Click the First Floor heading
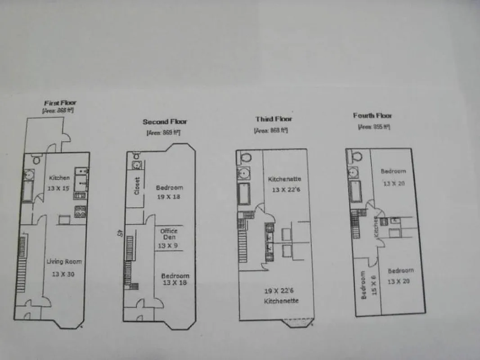coord(60,103)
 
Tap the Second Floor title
coord(165,121)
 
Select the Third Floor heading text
coord(274,119)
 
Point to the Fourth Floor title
coord(372,116)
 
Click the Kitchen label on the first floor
coord(59,178)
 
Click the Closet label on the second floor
coord(138,185)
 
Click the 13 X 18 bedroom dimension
coord(175,283)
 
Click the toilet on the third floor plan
coord(246,157)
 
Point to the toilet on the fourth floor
coord(356,156)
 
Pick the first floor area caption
coord(58,110)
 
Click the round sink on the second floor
coord(136,165)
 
